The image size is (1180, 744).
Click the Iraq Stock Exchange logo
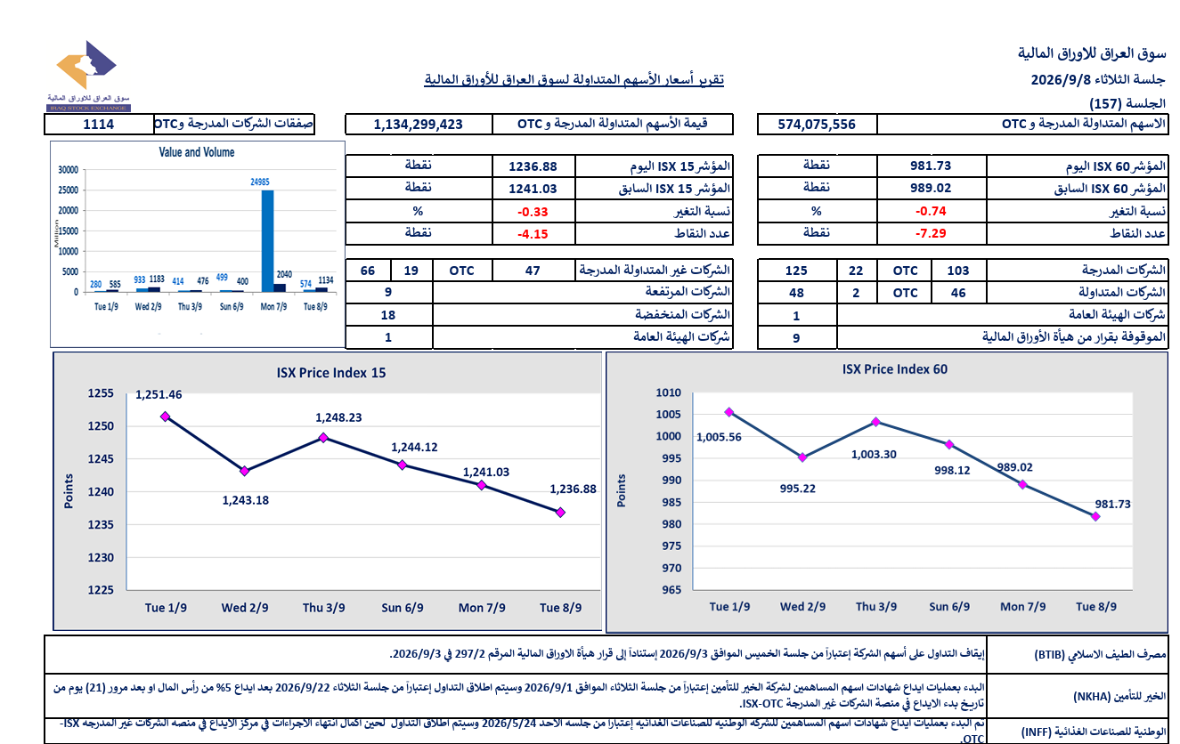point(88,76)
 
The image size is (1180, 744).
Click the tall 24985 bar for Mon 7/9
point(267,240)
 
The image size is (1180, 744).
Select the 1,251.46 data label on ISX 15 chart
point(159,394)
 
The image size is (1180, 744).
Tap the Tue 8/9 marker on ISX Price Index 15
point(560,513)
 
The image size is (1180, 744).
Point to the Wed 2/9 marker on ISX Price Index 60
point(802,457)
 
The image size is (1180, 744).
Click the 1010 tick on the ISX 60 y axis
point(669,392)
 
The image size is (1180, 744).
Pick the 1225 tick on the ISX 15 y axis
point(101,590)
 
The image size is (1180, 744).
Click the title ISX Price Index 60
point(894,369)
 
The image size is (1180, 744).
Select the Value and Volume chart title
point(197,152)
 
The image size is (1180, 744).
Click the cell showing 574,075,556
point(817,125)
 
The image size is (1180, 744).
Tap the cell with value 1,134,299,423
point(419,125)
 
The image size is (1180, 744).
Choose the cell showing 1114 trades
point(99,125)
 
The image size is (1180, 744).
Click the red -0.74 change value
point(931,211)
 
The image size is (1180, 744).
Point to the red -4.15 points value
point(533,234)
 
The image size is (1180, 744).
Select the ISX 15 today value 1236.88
point(533,166)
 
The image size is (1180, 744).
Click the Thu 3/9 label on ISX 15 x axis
point(323,608)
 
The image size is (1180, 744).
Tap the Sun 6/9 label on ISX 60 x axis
point(949,607)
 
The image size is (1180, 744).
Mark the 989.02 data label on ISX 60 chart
point(1014,467)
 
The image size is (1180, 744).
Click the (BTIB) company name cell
point(1076,654)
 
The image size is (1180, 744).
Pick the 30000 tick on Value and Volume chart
point(68,170)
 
